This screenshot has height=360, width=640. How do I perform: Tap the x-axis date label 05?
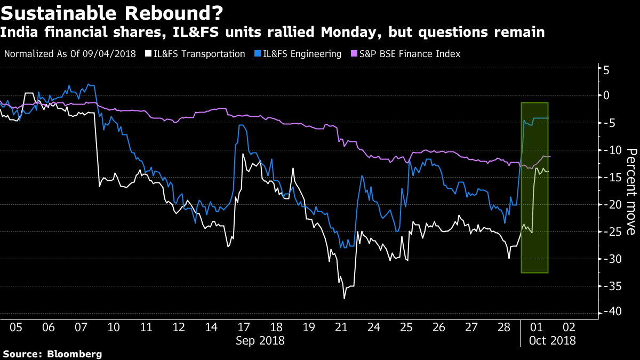(16, 327)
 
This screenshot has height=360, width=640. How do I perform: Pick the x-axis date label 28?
(503, 327)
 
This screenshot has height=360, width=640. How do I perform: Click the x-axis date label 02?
(569, 327)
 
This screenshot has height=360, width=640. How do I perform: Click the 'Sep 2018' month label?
(260, 340)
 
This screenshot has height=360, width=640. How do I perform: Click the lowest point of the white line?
(344, 298)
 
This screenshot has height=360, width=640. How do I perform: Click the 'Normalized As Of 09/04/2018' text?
(70, 54)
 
